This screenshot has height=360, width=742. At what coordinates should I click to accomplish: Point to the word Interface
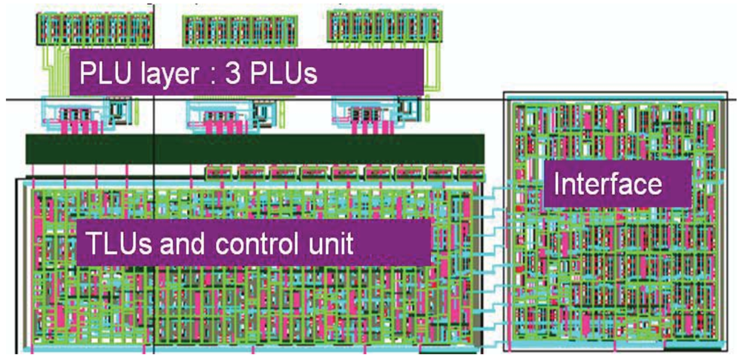pos(608,183)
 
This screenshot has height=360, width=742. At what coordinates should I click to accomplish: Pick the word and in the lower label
pos(204,242)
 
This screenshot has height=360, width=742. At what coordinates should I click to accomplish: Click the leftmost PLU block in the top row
pos(93,28)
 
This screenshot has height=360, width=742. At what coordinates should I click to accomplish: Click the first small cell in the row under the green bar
pos(220,172)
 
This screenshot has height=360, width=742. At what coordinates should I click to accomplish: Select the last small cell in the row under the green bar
pos(471,172)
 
